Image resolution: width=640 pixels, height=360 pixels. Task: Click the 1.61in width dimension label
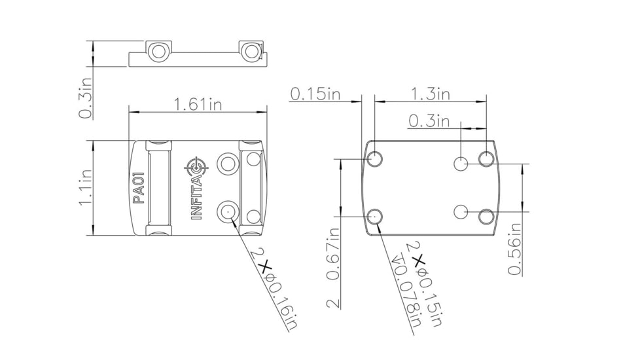(x=198, y=104)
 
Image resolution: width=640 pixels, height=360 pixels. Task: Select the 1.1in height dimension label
(x=85, y=188)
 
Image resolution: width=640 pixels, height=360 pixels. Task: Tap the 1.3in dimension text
(x=430, y=94)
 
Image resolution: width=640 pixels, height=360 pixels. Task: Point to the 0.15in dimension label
(x=315, y=94)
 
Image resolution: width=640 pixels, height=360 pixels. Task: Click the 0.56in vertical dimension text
(x=514, y=249)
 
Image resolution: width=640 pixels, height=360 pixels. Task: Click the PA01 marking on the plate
(x=138, y=188)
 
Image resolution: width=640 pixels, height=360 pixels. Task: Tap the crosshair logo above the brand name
(x=196, y=166)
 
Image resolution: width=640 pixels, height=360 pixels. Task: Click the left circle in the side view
(x=157, y=51)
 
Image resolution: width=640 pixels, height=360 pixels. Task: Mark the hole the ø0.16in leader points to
(x=227, y=211)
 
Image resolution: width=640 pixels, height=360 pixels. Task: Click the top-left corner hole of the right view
(x=376, y=158)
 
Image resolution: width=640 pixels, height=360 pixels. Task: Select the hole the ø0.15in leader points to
(x=376, y=215)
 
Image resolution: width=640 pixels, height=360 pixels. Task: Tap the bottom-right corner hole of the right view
(x=486, y=216)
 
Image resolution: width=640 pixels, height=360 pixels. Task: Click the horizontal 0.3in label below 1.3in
(x=429, y=121)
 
